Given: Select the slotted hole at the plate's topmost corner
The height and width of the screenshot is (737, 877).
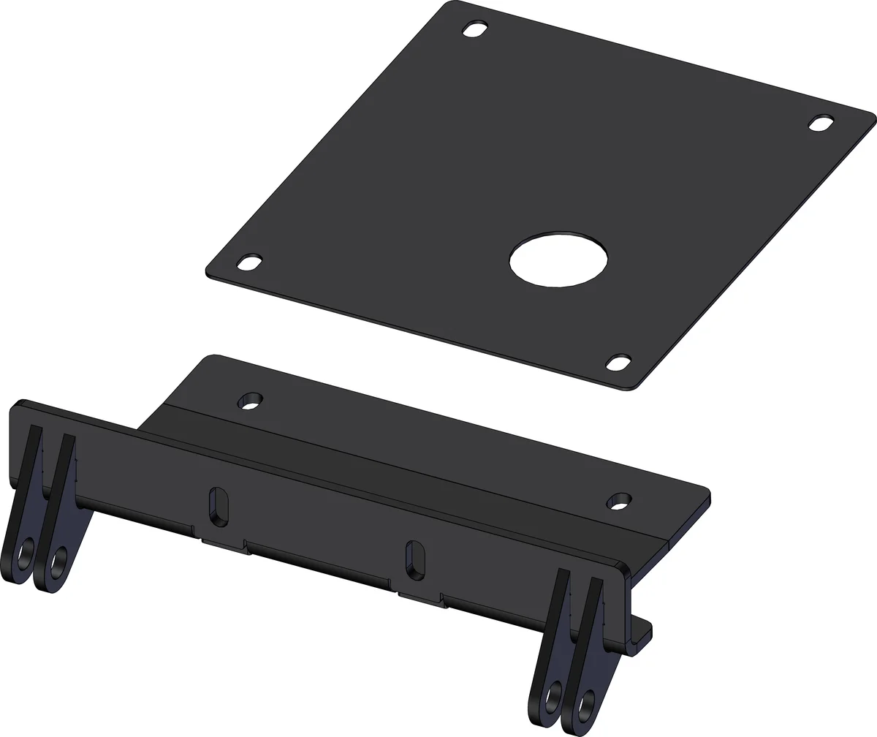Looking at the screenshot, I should (476, 30).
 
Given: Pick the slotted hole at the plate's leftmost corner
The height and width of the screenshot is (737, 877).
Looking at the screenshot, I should (250, 262).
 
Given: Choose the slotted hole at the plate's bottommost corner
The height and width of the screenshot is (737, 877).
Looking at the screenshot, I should (619, 361).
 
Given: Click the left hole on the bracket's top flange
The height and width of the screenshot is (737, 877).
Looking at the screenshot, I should (251, 401).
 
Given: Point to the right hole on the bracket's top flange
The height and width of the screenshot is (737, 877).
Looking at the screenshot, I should (620, 502).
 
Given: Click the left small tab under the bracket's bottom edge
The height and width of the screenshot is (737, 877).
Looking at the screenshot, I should (223, 545).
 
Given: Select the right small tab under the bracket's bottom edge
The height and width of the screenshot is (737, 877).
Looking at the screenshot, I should (420, 600).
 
